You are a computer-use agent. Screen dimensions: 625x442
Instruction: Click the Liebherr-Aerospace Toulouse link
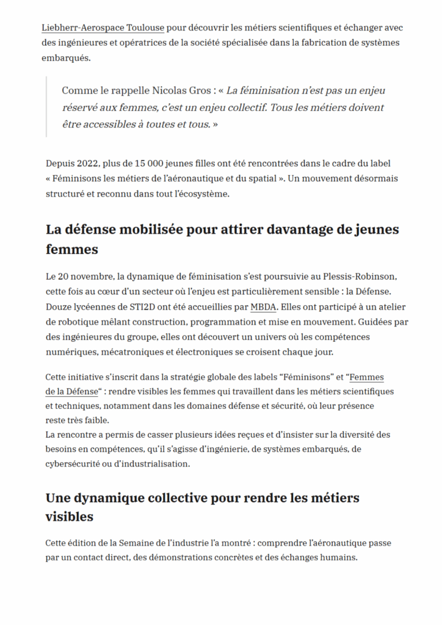click(x=103, y=28)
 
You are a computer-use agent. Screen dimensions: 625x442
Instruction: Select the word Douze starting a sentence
click(x=59, y=306)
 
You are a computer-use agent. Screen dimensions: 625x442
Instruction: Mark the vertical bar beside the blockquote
click(x=47, y=107)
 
